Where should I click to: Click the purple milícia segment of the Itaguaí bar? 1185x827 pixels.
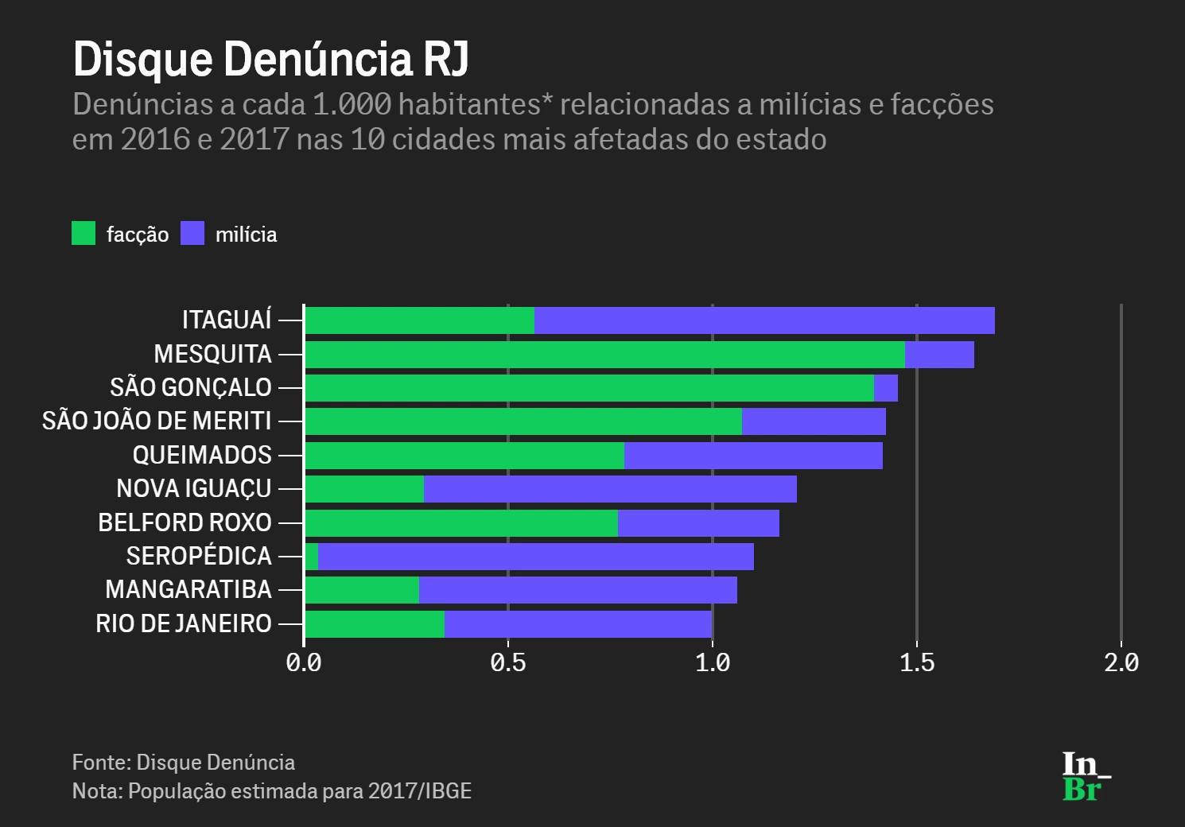pyautogui.click(x=763, y=320)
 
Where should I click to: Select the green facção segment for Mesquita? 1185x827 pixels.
pyautogui.click(x=604, y=355)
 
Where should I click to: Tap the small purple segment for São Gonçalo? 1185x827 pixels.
pyautogui.click(x=885, y=388)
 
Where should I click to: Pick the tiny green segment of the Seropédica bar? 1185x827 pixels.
pyautogui.click(x=312, y=557)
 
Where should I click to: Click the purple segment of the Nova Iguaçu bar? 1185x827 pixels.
pyautogui.click(x=610, y=489)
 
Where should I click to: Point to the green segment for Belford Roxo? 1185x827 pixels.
pyautogui.click(x=461, y=523)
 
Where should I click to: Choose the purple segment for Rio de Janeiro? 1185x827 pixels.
pyautogui.click(x=578, y=624)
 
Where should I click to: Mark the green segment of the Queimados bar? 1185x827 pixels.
pyautogui.click(x=464, y=456)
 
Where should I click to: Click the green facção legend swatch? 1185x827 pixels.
pyautogui.click(x=84, y=233)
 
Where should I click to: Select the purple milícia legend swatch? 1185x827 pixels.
pyautogui.click(x=192, y=233)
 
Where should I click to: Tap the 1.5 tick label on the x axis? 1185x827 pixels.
pyautogui.click(x=917, y=662)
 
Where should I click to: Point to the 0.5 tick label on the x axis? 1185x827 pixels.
pyautogui.click(x=508, y=662)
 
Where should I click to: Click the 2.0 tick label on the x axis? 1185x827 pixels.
pyautogui.click(x=1121, y=662)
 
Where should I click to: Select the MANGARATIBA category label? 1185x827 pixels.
pyautogui.click(x=188, y=590)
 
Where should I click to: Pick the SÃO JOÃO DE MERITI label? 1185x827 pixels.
pyautogui.click(x=157, y=421)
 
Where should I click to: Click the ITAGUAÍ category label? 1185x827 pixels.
pyautogui.click(x=227, y=320)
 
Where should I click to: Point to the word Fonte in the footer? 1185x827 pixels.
pyautogui.click(x=99, y=763)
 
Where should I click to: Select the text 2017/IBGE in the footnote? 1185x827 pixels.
pyautogui.click(x=420, y=791)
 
